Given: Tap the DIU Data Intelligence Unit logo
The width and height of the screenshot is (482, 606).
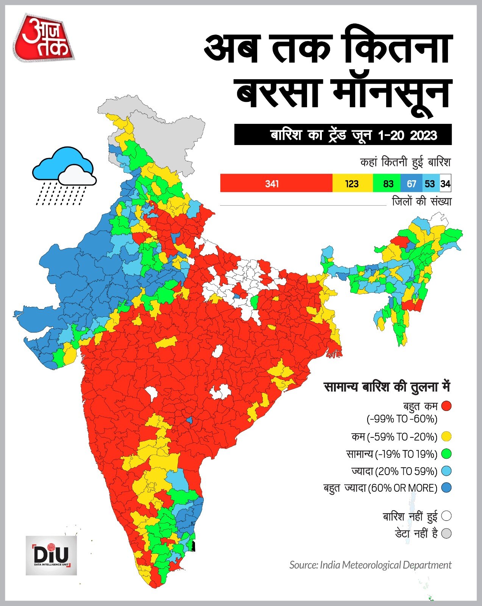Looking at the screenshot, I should (x=51, y=555).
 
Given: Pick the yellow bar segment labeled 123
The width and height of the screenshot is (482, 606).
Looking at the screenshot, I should (x=352, y=184).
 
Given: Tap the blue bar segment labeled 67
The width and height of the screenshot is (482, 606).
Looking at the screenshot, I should (x=411, y=184).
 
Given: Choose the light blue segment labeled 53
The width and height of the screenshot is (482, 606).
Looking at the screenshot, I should (x=430, y=184).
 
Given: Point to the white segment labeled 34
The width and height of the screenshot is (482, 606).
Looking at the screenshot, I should (x=446, y=184).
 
